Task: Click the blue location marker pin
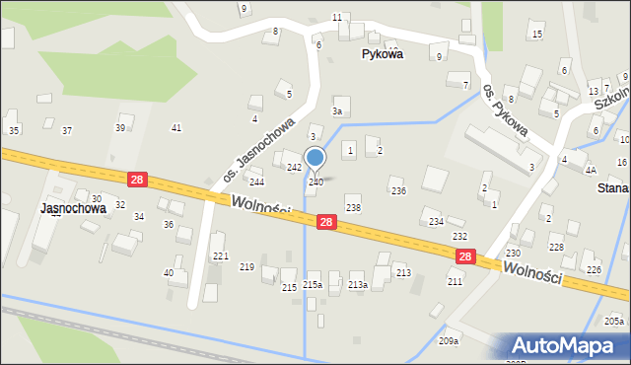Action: [315, 158]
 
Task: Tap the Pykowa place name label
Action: [382, 55]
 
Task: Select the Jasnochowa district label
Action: [73, 209]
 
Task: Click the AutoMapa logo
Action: [566, 345]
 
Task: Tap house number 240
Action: [315, 182]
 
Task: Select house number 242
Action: [294, 168]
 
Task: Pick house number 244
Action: [256, 182]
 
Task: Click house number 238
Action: [353, 208]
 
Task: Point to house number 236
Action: [397, 191]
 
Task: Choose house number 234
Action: [436, 222]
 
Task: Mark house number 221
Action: [221, 256]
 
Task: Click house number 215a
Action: [313, 285]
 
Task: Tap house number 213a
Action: [358, 285]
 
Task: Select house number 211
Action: [455, 282]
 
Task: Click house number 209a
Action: [449, 341]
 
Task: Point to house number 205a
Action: [614, 322]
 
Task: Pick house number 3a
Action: [337, 112]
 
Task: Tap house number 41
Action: [176, 128]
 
